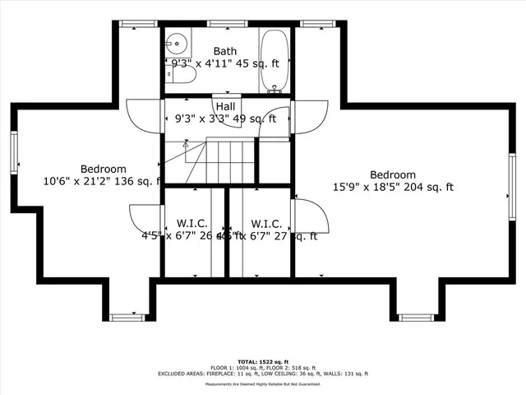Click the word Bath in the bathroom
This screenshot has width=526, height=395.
pos(225,51)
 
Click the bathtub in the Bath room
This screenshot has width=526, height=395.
pos(275,59)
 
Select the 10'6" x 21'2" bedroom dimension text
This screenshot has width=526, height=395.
pos(103,181)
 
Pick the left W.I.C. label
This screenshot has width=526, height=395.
pos(192,224)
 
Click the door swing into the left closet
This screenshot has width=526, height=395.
pos(145,218)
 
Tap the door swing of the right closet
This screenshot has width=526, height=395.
pos(312,216)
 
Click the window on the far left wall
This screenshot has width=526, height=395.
pos(14,154)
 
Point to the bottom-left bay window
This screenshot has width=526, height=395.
pos(127,317)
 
